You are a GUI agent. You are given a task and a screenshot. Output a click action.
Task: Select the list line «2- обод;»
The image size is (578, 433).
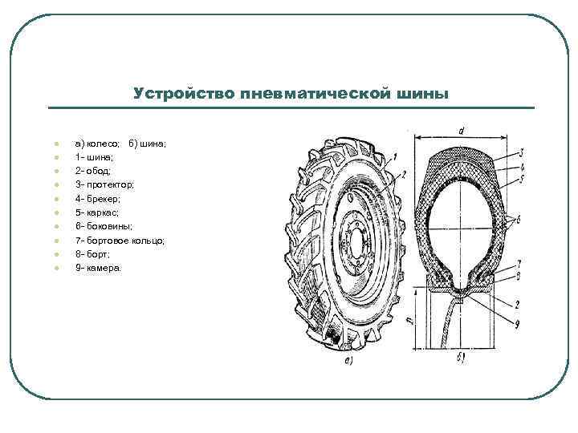pyautogui.click(x=94, y=171)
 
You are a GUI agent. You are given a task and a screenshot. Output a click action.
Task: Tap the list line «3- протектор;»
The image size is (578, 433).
pyautogui.click(x=105, y=184)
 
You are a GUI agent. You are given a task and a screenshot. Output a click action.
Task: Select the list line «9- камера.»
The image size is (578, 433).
pyautogui.click(x=99, y=268)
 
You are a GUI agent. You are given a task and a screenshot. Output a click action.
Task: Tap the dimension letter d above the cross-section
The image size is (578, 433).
pyautogui.click(x=461, y=130)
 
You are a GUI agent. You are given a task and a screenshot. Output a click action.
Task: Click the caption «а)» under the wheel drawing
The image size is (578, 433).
pyautogui.click(x=348, y=360)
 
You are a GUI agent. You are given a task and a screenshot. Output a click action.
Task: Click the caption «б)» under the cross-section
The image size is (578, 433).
pyautogui.click(x=461, y=358)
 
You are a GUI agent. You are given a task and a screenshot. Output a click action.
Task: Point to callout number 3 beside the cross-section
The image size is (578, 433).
pyautogui.click(x=522, y=152)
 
